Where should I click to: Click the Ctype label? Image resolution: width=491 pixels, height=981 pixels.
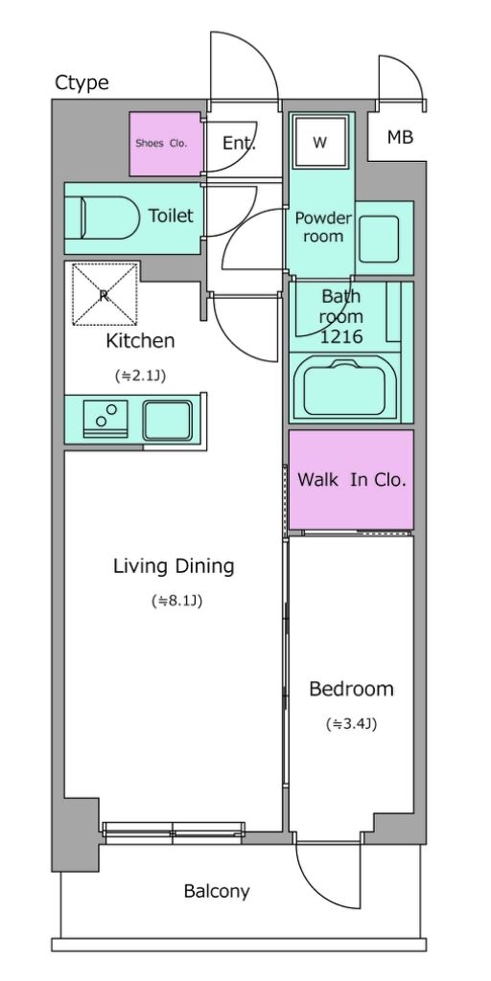click(x=82, y=82)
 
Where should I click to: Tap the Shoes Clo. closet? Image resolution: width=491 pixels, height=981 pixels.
click(x=166, y=144)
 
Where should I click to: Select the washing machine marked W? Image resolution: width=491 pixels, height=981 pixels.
click(x=320, y=142)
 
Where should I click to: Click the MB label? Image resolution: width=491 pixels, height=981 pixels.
click(x=400, y=137)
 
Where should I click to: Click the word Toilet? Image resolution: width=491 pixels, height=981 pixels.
click(x=171, y=216)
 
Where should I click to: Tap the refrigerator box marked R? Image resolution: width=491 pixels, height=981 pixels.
click(x=105, y=295)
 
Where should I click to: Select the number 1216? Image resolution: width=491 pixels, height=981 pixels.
click(x=341, y=337)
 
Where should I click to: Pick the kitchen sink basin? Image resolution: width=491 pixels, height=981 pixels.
click(x=167, y=422)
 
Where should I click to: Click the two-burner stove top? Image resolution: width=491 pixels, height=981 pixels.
click(x=105, y=418)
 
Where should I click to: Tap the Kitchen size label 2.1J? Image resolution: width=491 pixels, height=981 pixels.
click(x=140, y=376)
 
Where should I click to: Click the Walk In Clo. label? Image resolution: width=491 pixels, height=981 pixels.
click(x=352, y=481)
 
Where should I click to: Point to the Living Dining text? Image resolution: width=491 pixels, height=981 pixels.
click(x=174, y=567)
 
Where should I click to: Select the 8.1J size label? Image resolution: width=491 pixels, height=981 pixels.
click(x=176, y=602)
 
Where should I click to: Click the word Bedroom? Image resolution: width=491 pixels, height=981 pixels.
click(x=351, y=690)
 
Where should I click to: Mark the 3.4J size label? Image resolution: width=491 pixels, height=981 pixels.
click(x=351, y=724)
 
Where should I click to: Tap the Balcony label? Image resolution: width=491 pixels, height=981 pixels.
click(x=217, y=892)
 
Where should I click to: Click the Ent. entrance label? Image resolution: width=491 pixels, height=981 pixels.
click(x=239, y=144)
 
